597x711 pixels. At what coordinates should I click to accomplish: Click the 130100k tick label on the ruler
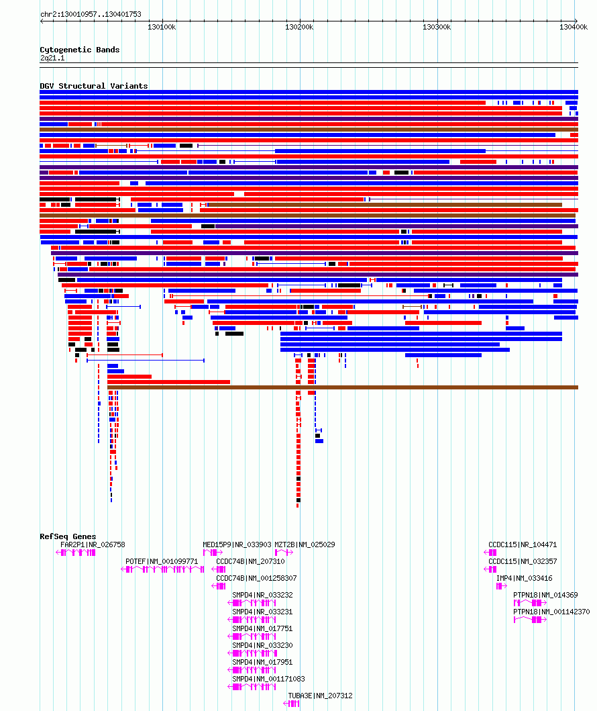(x=162, y=28)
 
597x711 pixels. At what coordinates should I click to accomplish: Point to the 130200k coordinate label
(x=299, y=28)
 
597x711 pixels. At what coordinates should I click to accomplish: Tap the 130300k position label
(x=437, y=28)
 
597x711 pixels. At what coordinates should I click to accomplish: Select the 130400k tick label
(x=574, y=28)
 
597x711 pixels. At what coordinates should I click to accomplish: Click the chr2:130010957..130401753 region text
(x=91, y=14)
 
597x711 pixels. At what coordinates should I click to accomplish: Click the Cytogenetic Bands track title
(x=80, y=50)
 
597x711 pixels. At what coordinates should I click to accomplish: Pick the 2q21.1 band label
(x=52, y=58)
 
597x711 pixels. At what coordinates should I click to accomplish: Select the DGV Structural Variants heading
(x=94, y=86)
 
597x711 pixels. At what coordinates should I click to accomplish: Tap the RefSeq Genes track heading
(x=68, y=536)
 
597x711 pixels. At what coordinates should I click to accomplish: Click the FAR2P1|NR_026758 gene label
(x=93, y=544)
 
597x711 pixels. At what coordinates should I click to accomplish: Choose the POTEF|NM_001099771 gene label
(x=162, y=561)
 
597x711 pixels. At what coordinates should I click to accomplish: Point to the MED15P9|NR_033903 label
(x=237, y=544)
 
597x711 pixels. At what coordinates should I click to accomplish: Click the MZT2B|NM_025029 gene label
(x=305, y=544)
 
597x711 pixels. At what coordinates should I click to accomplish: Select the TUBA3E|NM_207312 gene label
(x=320, y=696)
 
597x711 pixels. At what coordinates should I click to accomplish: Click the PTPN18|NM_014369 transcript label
(x=545, y=595)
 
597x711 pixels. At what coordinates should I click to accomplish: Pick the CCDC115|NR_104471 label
(x=523, y=544)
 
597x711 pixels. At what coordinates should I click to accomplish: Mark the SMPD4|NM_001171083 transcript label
(x=268, y=679)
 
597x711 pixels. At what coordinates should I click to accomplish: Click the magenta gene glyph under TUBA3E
(x=291, y=704)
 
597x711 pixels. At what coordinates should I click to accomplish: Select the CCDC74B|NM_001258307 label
(x=256, y=578)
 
